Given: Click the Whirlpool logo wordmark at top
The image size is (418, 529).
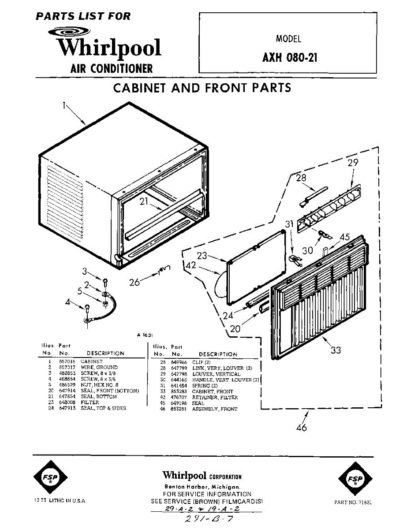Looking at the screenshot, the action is [x=109, y=48].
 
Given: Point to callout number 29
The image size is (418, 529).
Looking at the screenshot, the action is [x=353, y=163].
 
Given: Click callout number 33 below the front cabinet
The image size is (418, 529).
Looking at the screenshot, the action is [x=336, y=350].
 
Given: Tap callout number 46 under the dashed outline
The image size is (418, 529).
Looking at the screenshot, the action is [x=302, y=427].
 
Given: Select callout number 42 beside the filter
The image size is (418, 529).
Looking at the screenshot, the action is [x=190, y=265].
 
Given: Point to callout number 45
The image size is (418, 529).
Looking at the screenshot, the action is [x=345, y=237].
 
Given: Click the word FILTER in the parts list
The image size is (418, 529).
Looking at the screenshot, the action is [x=90, y=402].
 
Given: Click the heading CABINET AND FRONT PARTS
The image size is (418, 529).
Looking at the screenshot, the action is [x=202, y=88].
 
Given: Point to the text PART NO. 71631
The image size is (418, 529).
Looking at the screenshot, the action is [x=354, y=502].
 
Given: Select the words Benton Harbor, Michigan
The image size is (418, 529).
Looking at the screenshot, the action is [x=202, y=487].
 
